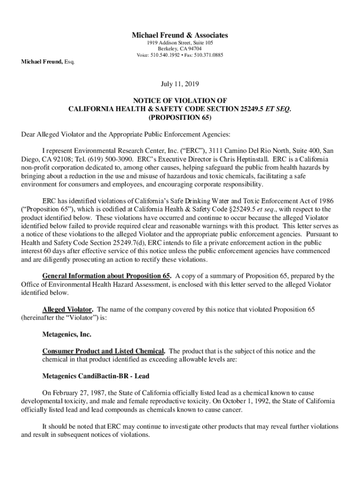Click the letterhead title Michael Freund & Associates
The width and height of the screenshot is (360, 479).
coord(180,35)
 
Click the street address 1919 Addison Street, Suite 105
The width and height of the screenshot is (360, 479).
coord(180,43)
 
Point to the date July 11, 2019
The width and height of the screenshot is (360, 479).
coord(180,84)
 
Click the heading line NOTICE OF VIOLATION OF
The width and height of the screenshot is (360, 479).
coord(180,101)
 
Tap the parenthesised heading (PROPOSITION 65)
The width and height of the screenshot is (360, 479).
coord(180,117)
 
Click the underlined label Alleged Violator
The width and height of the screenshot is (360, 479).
coord(68,310)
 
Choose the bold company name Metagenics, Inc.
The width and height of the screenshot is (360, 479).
coord(67,334)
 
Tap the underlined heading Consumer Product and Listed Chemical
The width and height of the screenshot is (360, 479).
coord(103,351)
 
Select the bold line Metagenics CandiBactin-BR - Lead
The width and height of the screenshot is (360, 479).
coord(96,376)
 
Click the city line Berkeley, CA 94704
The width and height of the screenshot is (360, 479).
coord(180,49)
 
